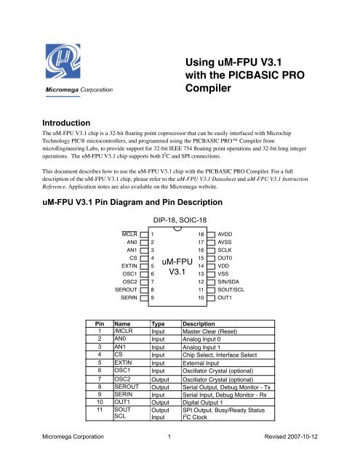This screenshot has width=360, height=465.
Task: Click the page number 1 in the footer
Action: [x=169, y=438]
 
